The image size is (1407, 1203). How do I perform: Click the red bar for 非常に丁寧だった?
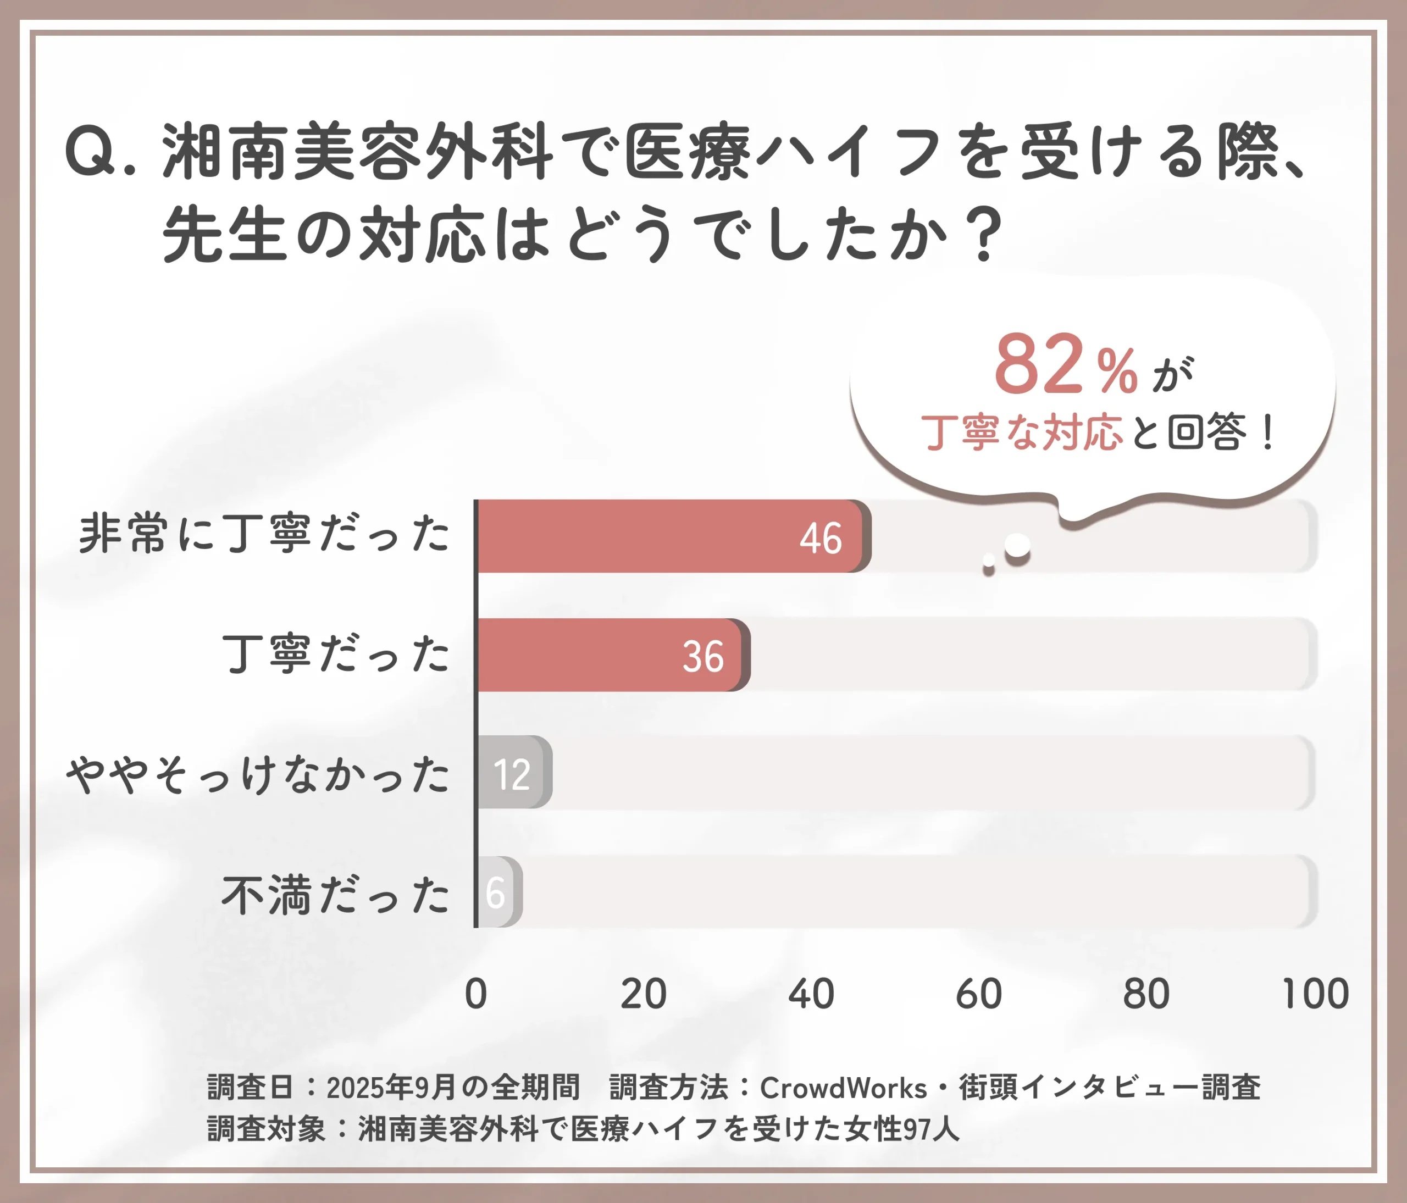[x=669, y=536]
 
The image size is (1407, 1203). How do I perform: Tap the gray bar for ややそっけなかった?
[x=513, y=772]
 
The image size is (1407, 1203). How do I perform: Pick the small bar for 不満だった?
[x=499, y=891]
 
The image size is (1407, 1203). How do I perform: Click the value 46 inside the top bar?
[x=821, y=539]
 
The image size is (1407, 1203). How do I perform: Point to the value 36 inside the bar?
[x=703, y=657]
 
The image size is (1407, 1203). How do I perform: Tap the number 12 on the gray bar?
[x=511, y=774]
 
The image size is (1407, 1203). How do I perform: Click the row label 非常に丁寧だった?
[x=264, y=534]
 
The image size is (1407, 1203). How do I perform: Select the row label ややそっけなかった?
[x=257, y=774]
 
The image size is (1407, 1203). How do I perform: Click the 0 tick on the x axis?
[x=476, y=994]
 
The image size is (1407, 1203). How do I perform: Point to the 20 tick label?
[x=643, y=994]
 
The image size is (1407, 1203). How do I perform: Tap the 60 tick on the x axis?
[x=978, y=994]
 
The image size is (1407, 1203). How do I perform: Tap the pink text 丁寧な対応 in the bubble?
[x=1021, y=432]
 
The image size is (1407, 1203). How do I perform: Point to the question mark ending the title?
[x=984, y=234]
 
